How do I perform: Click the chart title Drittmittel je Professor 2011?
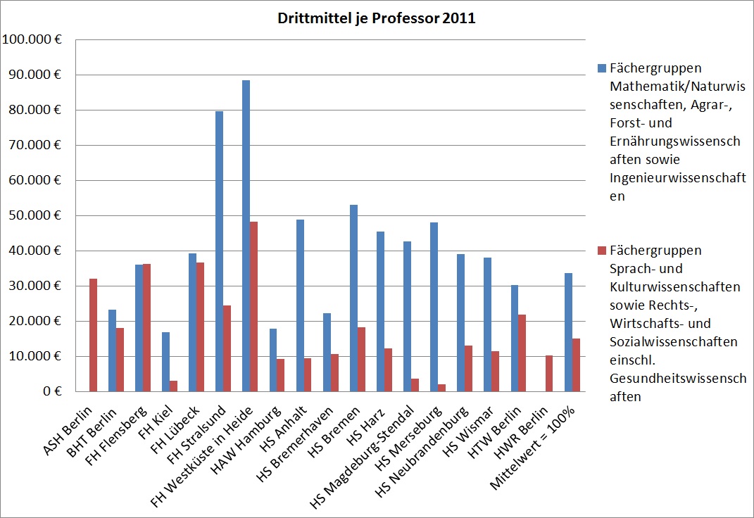pos(375,19)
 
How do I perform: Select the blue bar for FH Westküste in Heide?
pos(246,236)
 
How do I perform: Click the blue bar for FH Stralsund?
pos(219,251)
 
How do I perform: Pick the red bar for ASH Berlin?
pos(93,335)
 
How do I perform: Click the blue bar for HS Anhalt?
pos(300,305)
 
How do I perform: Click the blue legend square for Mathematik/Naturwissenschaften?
pos(601,68)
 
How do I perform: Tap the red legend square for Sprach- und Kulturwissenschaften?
pos(601,251)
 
